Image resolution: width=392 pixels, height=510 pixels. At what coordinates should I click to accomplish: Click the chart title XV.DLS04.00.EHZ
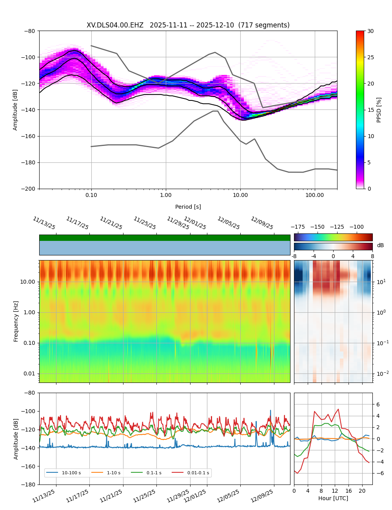click(x=115, y=25)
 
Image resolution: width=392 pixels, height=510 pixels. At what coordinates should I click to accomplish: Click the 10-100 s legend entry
click(x=71, y=473)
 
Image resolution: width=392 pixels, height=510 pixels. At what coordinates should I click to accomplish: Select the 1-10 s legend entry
click(x=114, y=473)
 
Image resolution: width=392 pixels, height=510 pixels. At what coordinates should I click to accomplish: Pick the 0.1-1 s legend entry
click(x=154, y=473)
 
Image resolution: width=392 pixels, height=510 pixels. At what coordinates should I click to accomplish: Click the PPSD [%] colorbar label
click(x=379, y=110)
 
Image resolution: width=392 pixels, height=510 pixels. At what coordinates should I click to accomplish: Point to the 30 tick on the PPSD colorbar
click(x=370, y=31)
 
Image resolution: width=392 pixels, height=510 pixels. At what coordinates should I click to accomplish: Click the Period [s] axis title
click(x=188, y=207)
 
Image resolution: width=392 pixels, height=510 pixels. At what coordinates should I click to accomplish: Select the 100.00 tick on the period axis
click(x=315, y=195)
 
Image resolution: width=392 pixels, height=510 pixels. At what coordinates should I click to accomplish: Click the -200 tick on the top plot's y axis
click(x=29, y=189)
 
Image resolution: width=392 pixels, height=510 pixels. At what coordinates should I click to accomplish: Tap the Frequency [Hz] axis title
click(x=16, y=321)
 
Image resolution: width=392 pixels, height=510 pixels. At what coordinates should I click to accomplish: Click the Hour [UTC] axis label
click(x=333, y=498)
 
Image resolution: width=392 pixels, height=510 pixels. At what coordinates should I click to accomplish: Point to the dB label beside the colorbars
click(x=380, y=246)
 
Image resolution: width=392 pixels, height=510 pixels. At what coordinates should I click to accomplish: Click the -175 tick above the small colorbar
click(x=298, y=227)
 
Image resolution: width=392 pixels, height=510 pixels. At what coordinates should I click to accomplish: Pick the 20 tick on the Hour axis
click(x=362, y=491)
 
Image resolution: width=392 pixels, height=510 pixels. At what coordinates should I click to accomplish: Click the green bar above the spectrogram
click(x=165, y=238)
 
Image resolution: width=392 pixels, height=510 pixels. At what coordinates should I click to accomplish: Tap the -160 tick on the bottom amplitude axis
click(x=29, y=466)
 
